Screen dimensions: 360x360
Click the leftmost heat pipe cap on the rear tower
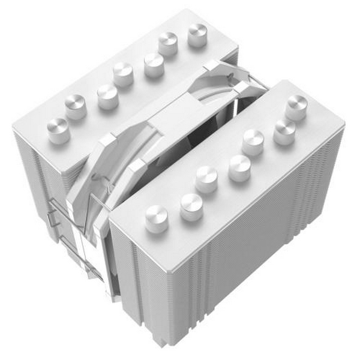tap(58, 129)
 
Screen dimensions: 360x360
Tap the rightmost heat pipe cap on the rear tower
tap(197, 34)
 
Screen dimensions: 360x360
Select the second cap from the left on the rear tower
tap(76, 106)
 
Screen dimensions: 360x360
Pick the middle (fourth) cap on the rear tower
tap(123, 74)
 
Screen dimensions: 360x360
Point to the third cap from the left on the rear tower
tap(108, 95)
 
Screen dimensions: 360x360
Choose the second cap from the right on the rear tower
tap(169, 44)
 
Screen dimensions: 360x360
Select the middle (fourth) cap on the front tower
tap(239, 167)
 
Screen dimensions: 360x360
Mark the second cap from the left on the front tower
tap(191, 206)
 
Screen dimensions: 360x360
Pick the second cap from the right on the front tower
tap(284, 132)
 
